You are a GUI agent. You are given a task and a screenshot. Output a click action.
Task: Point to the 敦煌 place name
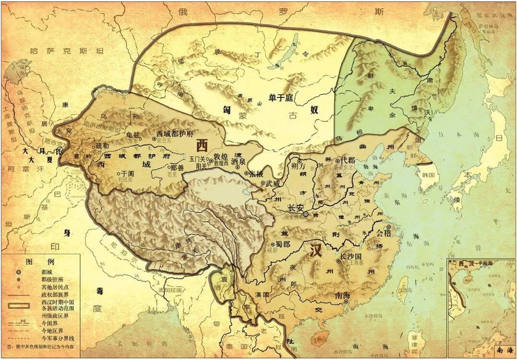(221, 156)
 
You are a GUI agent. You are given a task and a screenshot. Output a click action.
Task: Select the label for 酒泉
(239, 162)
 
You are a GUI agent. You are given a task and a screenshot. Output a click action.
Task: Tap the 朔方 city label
(298, 166)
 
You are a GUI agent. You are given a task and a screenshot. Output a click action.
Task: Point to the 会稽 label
(383, 234)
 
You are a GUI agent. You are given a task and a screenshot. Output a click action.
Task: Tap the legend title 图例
(35, 262)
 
